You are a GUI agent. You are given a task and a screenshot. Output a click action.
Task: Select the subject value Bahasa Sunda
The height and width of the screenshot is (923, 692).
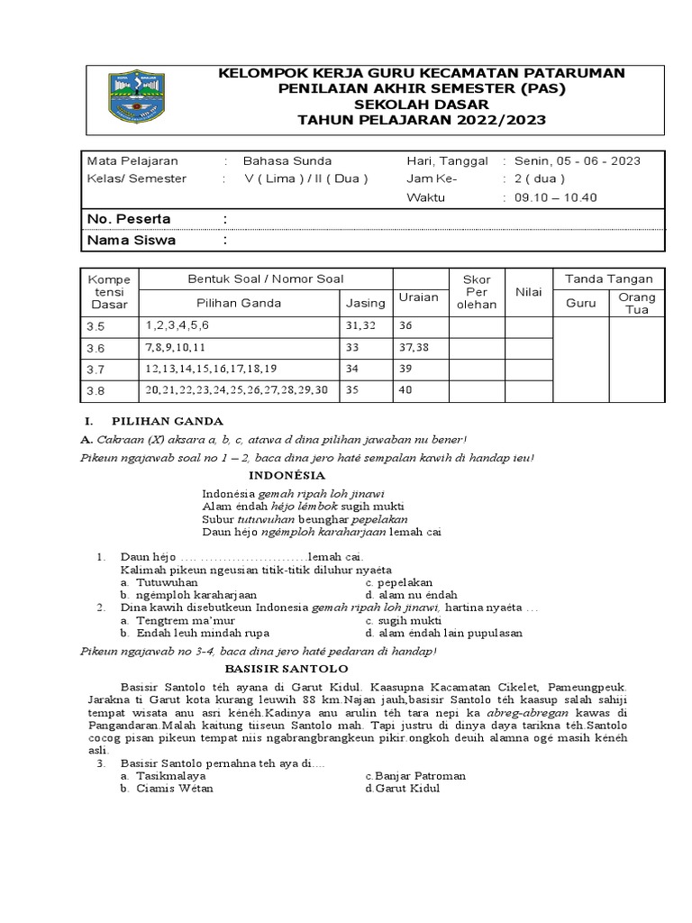tap(280, 160)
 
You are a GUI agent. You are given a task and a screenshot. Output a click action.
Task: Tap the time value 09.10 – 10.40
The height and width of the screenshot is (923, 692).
tap(554, 197)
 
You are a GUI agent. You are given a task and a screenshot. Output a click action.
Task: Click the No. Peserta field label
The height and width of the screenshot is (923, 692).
tap(128, 219)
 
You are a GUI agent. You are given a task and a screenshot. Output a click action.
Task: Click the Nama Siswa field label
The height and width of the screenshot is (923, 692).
tap(131, 241)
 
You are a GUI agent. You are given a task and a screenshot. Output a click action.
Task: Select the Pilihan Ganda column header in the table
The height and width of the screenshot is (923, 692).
tap(239, 303)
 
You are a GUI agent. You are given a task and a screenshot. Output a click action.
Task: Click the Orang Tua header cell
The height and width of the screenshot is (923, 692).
tap(637, 303)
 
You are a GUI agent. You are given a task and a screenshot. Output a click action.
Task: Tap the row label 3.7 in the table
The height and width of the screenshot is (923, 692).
tap(96, 369)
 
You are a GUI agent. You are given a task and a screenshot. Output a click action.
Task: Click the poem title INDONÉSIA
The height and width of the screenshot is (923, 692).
tap(287, 475)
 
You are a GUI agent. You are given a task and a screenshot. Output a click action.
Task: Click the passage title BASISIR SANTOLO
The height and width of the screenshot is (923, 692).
tap(285, 669)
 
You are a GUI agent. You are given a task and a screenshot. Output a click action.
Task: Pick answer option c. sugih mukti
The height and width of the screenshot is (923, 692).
tap(404, 621)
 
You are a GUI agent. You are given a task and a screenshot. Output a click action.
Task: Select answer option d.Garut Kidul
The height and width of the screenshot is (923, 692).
tap(403, 788)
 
